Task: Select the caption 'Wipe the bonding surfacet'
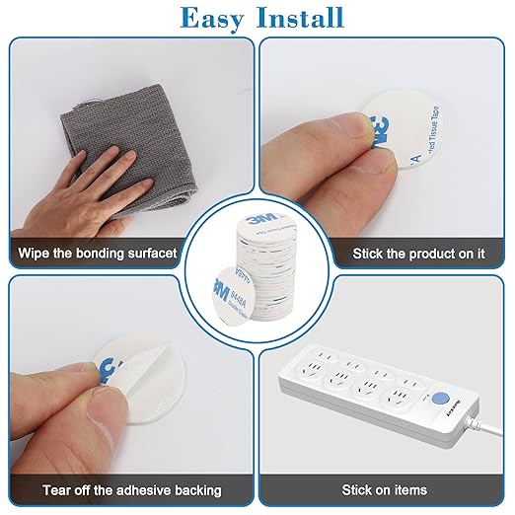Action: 97,254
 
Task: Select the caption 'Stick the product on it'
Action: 418,254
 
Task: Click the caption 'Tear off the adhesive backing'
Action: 131,489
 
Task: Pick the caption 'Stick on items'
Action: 384,489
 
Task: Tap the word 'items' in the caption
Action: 407,489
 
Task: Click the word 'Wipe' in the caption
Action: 35,254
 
